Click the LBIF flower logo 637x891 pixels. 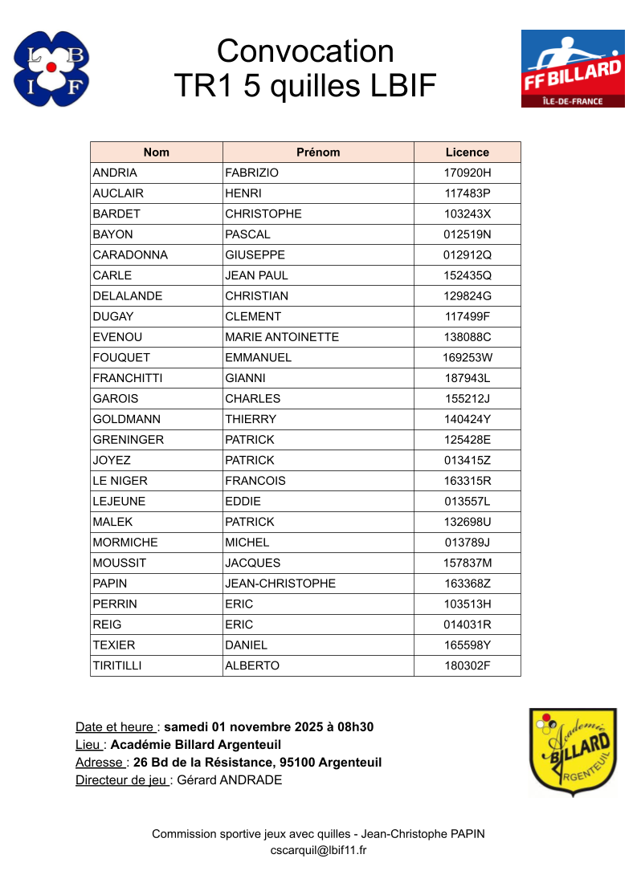pos(51,69)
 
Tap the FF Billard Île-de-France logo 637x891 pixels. pos(573,69)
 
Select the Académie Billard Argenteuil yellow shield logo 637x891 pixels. pos(573,752)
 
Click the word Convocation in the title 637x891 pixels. pos(305,51)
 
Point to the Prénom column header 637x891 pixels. pos(318,153)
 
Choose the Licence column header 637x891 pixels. pos(467,153)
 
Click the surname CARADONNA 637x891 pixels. pos(130,255)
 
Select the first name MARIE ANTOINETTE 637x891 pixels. pos(282,337)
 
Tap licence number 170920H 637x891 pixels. pos(467,173)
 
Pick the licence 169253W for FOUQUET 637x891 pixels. pos(467,358)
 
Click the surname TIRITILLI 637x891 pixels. pos(117,666)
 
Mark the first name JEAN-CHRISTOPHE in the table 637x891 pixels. pos(280,584)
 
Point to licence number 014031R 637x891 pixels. pos(467,625)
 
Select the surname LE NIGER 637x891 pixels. pos(120,481)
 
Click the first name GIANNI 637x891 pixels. pos(245,378)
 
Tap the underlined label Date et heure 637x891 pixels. pos(116,727)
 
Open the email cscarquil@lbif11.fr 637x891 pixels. pos(318,851)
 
